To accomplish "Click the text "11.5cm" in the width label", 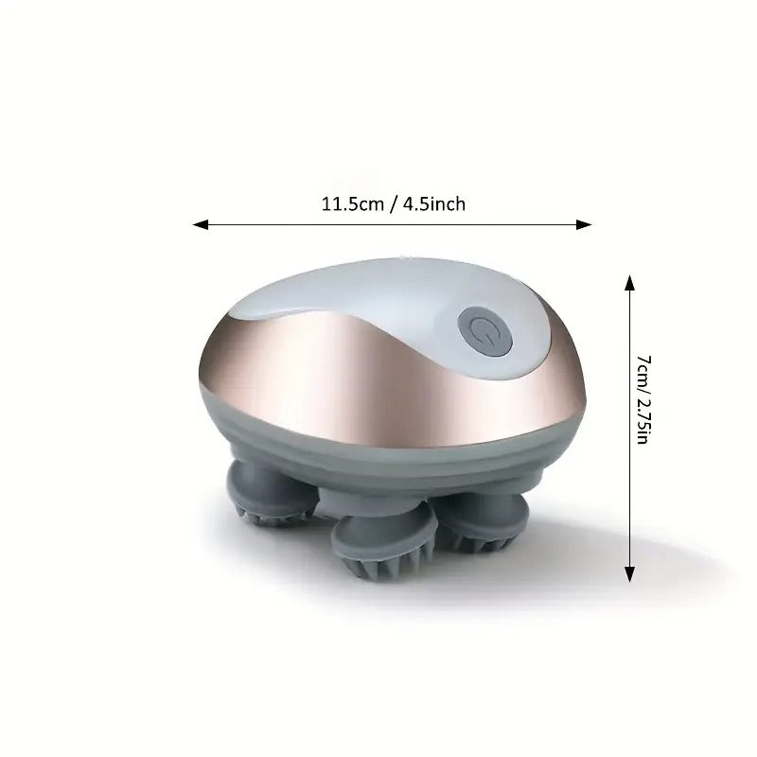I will coord(348,203).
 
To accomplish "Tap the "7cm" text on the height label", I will coord(643,368).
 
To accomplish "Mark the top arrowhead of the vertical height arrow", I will coord(628,279).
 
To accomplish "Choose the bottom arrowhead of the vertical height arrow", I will coord(628,577).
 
